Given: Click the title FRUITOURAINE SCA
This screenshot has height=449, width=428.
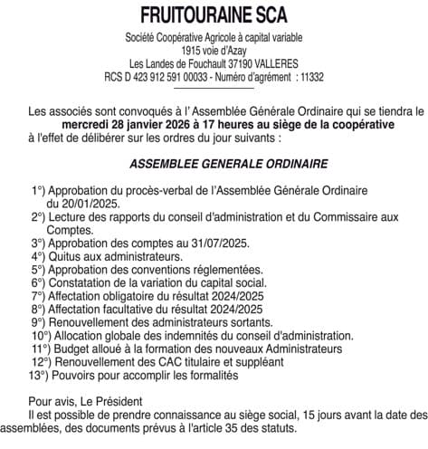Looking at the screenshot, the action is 214,15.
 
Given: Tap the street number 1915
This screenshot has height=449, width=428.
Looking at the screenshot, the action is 182,51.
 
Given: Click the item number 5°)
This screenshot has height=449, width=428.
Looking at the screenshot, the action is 38,270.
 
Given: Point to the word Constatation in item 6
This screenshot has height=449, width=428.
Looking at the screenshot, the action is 84,283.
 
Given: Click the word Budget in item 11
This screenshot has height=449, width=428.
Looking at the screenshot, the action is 72,349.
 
